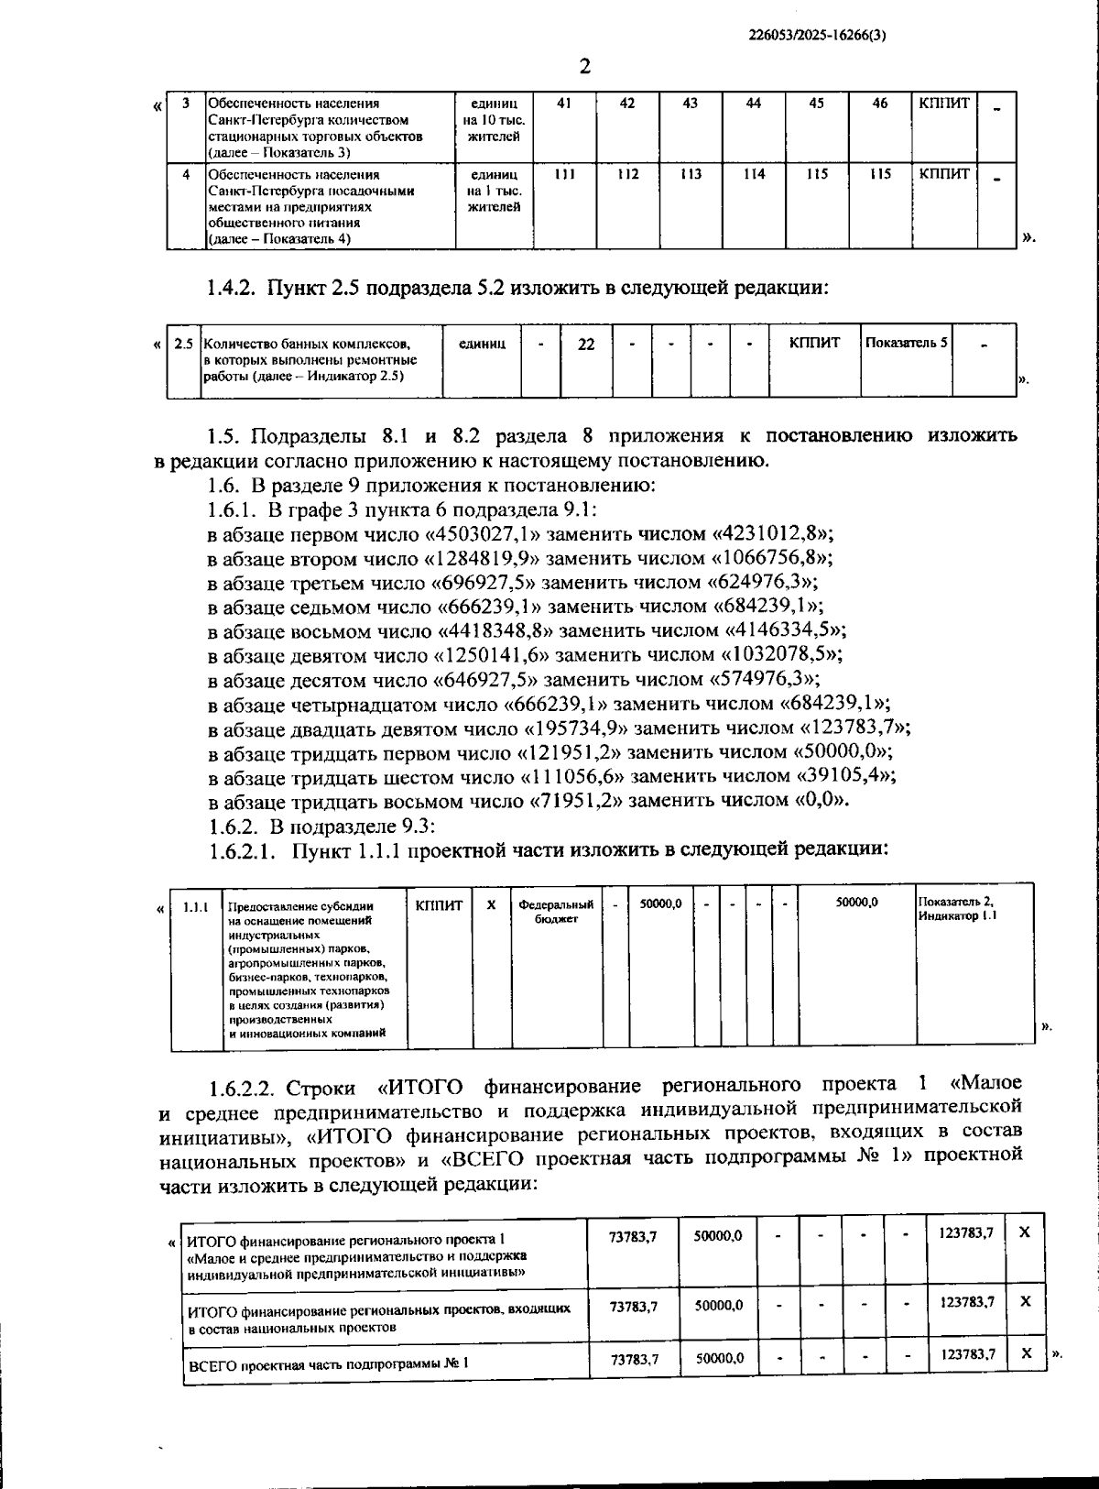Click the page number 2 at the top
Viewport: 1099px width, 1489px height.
[585, 66]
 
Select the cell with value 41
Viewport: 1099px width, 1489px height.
[564, 104]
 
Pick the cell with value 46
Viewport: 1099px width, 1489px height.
[879, 104]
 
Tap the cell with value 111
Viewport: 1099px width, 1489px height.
[564, 174]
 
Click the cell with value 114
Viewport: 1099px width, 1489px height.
[754, 174]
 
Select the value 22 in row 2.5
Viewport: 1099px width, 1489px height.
[586, 345]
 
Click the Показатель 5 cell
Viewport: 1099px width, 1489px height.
[906, 343]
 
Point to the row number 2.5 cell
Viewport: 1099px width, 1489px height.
[184, 345]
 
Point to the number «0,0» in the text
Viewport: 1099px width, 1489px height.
[820, 799]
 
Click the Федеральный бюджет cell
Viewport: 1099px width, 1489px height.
[556, 911]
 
